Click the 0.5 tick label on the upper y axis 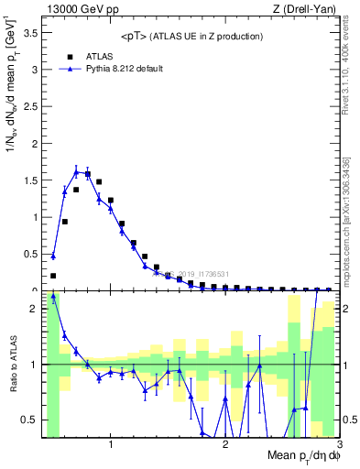click(30, 254)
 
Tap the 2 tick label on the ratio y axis click(34, 309)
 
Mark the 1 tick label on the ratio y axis click(34, 365)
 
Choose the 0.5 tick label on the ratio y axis click(30, 420)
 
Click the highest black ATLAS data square click(88, 173)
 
